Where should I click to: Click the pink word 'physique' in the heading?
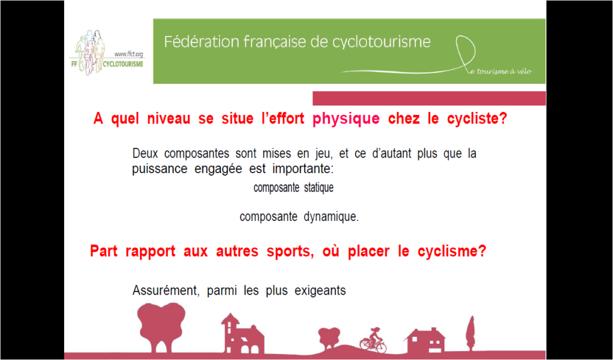pyautogui.click(x=346, y=119)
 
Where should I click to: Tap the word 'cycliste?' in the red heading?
pyautogui.click(x=477, y=119)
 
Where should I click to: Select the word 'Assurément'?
pyautogui.click(x=166, y=291)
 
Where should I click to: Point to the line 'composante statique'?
pyautogui.click(x=293, y=188)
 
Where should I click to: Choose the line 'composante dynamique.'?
pyautogui.click(x=299, y=217)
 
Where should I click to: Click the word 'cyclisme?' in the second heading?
pyautogui.click(x=452, y=251)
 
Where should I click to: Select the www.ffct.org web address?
pyautogui.click(x=129, y=55)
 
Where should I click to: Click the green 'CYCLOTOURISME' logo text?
pyautogui.click(x=119, y=63)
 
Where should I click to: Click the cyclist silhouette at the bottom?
pyautogui.click(x=373, y=340)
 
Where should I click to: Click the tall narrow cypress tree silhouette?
pyautogui.click(x=471, y=333)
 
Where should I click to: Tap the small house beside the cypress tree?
pyautogui.click(x=426, y=340)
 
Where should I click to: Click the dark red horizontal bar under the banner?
pyautogui.click(x=429, y=98)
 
